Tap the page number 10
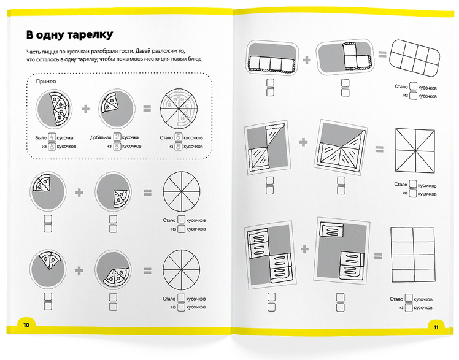tap(26, 325)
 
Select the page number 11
tap(436, 327)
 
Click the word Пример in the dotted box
tap(46, 82)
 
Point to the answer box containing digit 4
tap(52, 137)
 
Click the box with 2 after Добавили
tap(117, 137)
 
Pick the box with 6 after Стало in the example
tap(179, 137)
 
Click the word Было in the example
tap(41, 138)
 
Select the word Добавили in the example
tap(101, 137)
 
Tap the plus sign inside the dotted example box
tap(85, 109)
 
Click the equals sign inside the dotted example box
tap(147, 109)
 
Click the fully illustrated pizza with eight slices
tap(179, 109)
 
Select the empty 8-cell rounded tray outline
tap(415, 58)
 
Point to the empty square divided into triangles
tap(415, 151)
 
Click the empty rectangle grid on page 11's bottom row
tap(413, 255)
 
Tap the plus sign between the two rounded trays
tap(306, 60)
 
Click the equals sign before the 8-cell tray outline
tap(382, 54)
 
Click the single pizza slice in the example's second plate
tap(109, 102)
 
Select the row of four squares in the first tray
tap(270, 64)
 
